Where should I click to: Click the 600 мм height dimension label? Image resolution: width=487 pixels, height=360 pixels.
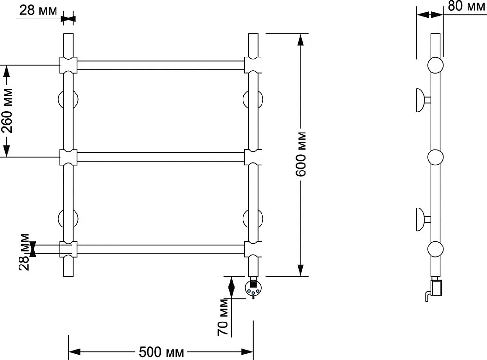pyautogui.click(x=300, y=154)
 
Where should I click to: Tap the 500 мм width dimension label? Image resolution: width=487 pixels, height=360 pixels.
pyautogui.click(x=161, y=352)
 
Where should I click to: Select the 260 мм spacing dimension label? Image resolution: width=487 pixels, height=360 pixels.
pyautogui.click(x=7, y=111)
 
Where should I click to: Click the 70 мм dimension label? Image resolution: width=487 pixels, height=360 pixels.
pyautogui.click(x=223, y=317)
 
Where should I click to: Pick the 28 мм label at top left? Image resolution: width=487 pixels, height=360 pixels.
pyautogui.click(x=38, y=10)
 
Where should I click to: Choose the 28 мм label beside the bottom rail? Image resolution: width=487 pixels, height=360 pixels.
pyautogui.click(x=24, y=252)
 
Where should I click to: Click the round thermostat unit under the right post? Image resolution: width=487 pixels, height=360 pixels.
pyautogui.click(x=253, y=288)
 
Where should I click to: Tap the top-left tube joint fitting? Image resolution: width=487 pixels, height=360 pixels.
pyautogui.click(x=68, y=65)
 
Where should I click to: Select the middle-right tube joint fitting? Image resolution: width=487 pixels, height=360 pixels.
pyautogui.click(x=253, y=157)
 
